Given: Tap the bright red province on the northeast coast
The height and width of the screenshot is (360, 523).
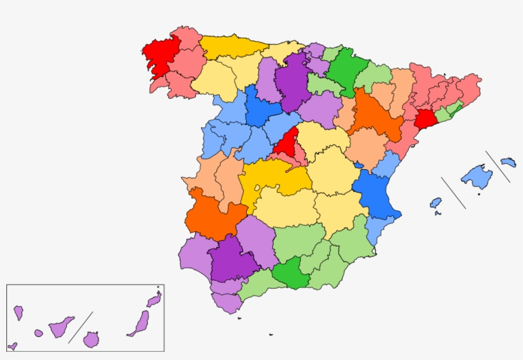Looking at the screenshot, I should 425,119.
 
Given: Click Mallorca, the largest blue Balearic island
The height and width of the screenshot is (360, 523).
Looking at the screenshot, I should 477,176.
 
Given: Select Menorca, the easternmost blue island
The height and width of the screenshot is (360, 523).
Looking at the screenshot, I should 508,162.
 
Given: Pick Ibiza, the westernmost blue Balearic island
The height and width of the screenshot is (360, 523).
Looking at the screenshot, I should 436,203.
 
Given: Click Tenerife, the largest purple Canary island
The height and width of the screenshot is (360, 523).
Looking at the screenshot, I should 62,327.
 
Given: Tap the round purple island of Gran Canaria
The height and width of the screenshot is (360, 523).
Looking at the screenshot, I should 91,339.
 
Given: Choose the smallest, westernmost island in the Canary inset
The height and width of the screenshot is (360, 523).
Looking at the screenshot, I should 13,347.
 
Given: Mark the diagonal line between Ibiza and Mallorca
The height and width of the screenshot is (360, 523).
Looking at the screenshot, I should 453,193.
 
